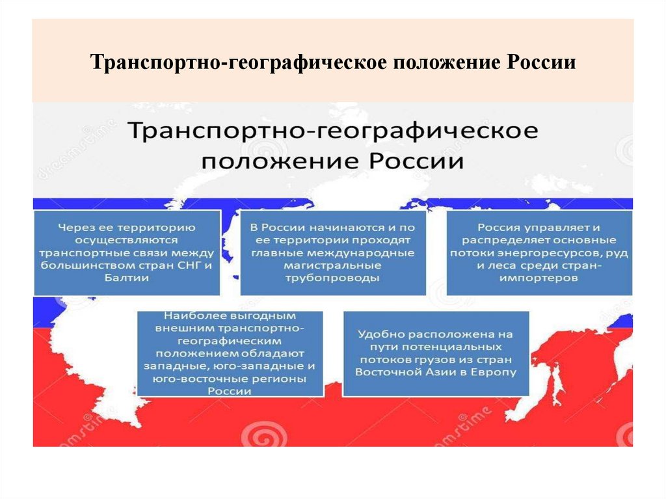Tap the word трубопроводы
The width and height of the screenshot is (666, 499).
click(332, 278)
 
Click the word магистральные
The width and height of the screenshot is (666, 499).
click(332, 265)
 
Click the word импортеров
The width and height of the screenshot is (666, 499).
click(539, 278)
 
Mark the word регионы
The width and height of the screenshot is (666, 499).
click(278, 379)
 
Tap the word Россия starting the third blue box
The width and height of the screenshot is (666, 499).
click(498, 228)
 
